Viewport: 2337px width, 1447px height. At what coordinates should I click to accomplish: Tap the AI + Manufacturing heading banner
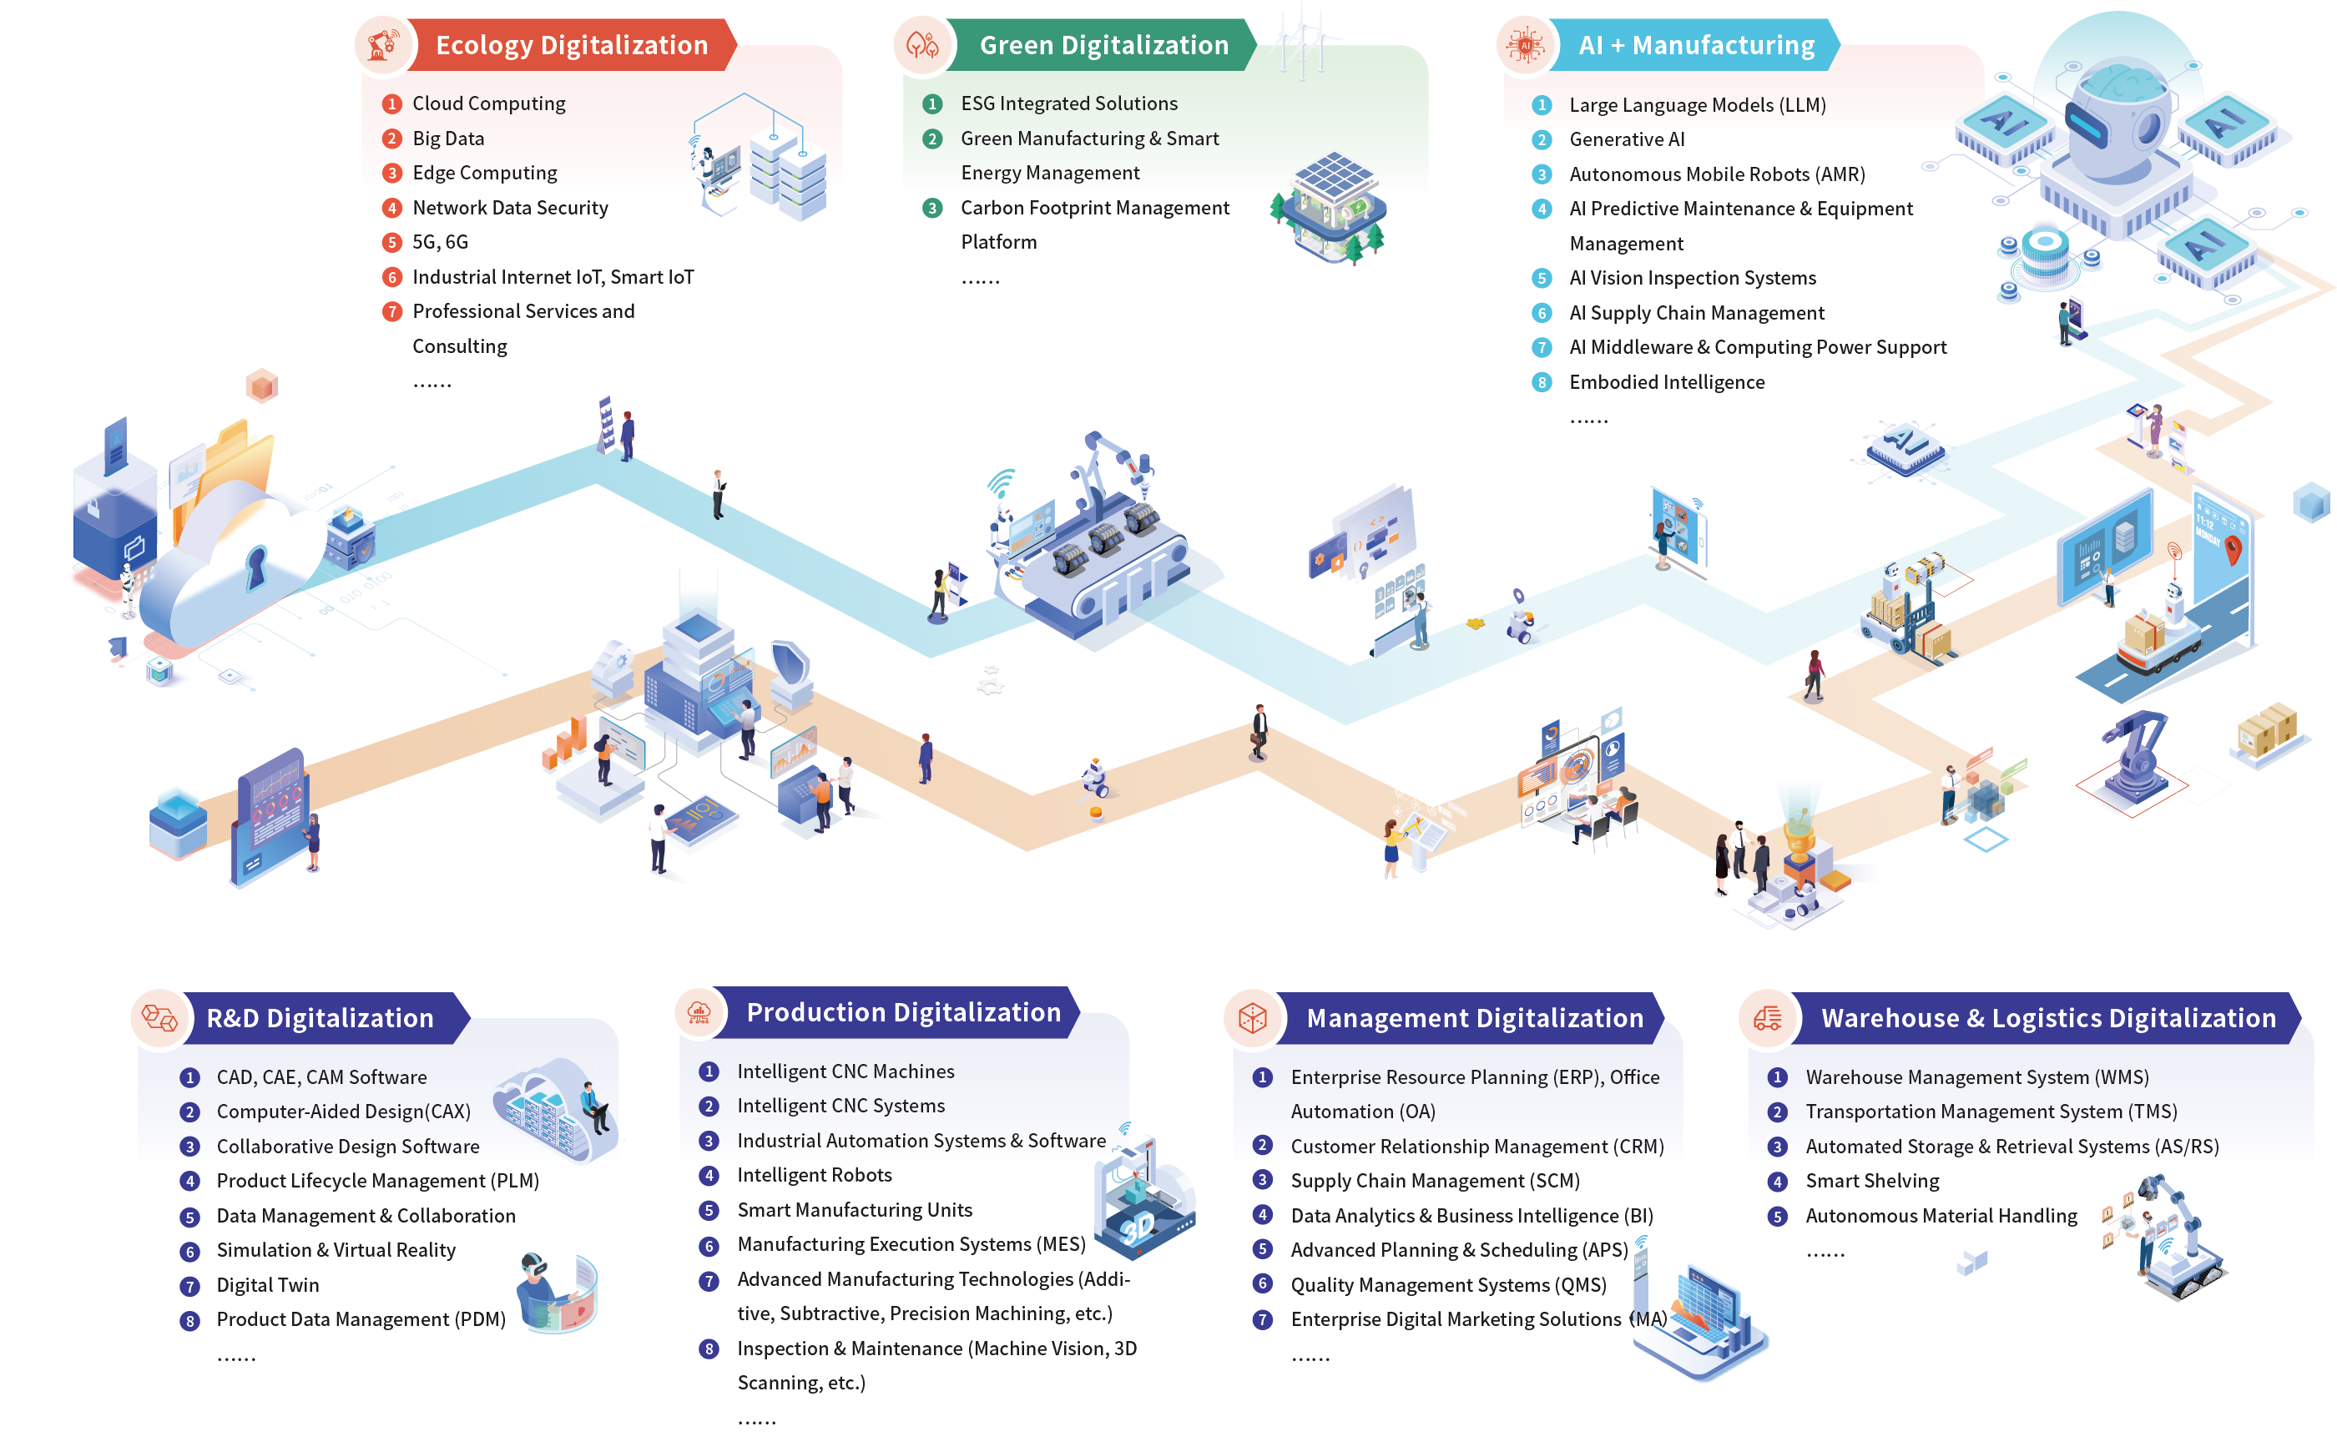[1695, 45]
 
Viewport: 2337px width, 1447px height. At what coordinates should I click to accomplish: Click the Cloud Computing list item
[488, 103]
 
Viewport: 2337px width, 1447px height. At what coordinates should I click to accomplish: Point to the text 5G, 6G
[439, 242]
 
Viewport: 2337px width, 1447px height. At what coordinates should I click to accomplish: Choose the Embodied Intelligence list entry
[1666, 382]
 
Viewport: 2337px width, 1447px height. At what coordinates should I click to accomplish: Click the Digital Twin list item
[267, 1284]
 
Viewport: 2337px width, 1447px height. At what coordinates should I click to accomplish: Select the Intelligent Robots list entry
[814, 1175]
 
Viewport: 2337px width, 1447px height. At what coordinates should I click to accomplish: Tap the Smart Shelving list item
[1871, 1181]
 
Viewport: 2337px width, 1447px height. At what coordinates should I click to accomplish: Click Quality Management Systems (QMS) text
[1448, 1284]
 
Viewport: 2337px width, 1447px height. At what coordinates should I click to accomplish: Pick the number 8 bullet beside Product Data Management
[189, 1321]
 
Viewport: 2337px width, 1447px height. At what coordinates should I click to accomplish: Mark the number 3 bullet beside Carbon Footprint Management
[931, 209]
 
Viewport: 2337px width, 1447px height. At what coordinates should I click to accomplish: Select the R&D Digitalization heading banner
[320, 1017]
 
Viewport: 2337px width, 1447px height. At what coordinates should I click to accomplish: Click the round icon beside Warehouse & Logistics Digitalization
[1767, 1017]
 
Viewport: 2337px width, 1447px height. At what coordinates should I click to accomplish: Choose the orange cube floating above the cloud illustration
[261, 386]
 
